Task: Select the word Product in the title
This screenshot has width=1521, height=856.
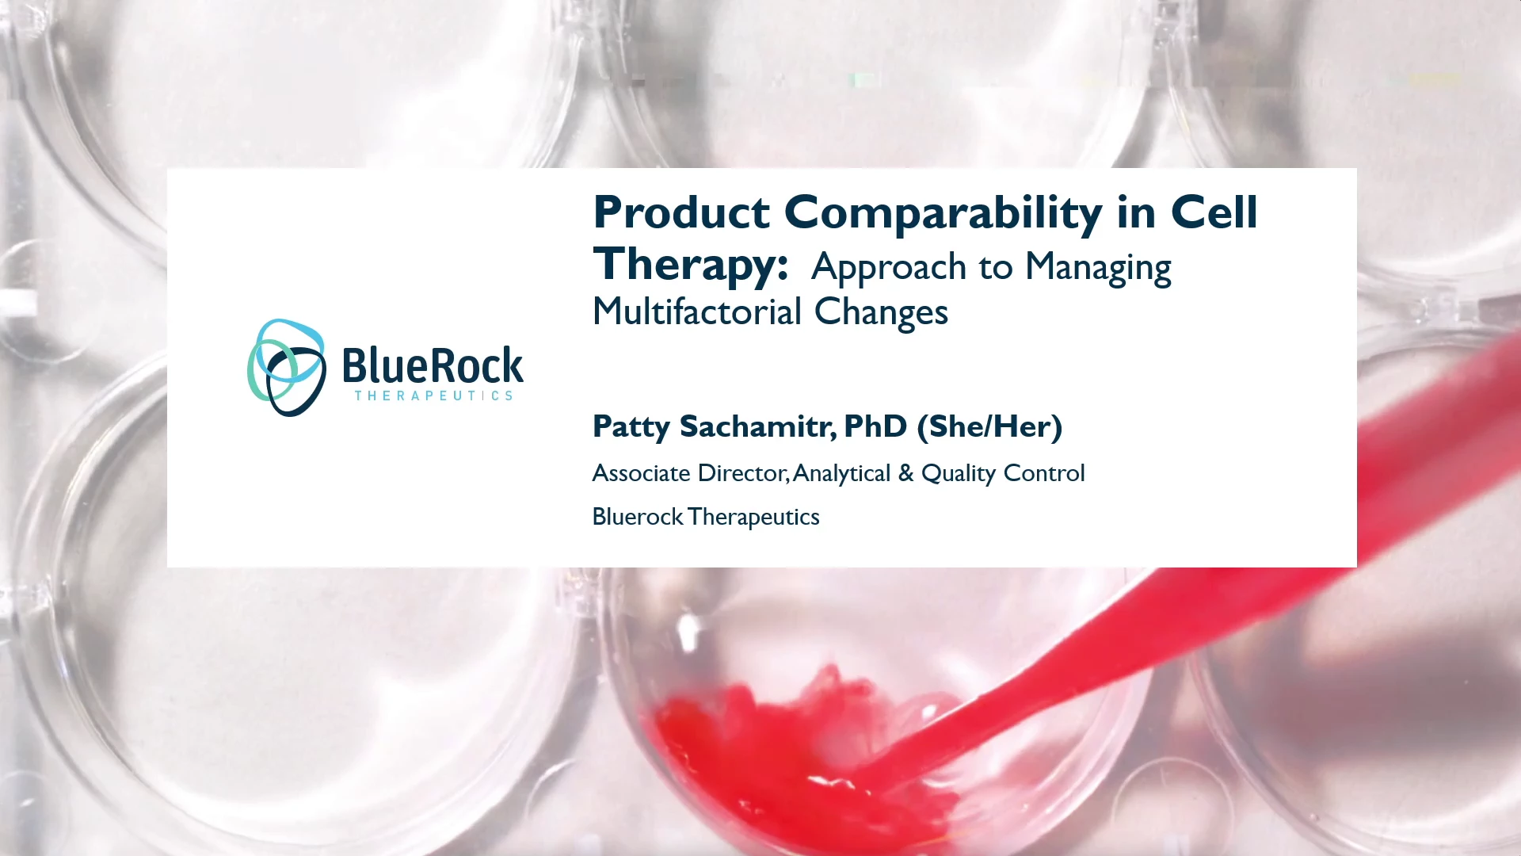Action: [x=681, y=212]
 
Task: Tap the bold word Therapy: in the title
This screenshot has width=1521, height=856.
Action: [x=691, y=266]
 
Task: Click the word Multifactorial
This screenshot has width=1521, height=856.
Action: [x=697, y=311]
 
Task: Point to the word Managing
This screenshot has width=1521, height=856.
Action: [x=1098, y=268]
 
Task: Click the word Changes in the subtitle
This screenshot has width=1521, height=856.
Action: [x=881, y=312]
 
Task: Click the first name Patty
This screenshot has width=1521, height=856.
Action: [x=631, y=427]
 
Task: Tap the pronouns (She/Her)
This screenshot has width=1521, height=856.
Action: [x=989, y=426]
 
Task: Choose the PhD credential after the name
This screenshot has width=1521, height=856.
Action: [x=875, y=426]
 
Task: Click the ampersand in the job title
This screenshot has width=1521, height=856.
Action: [x=906, y=473]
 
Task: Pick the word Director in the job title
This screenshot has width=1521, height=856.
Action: [x=743, y=473]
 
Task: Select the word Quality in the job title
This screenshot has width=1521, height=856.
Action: [x=959, y=474]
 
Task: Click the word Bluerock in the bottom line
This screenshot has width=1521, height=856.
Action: [x=638, y=517]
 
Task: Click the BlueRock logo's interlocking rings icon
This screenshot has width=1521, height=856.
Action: [x=287, y=368]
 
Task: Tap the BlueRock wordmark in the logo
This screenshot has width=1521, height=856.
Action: [x=433, y=365]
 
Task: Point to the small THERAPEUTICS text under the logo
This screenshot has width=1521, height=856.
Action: [x=433, y=396]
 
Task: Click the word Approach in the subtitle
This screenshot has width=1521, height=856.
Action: [x=889, y=268]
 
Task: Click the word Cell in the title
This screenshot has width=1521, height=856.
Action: [x=1214, y=212]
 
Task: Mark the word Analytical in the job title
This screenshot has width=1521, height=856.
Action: [x=841, y=474]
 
